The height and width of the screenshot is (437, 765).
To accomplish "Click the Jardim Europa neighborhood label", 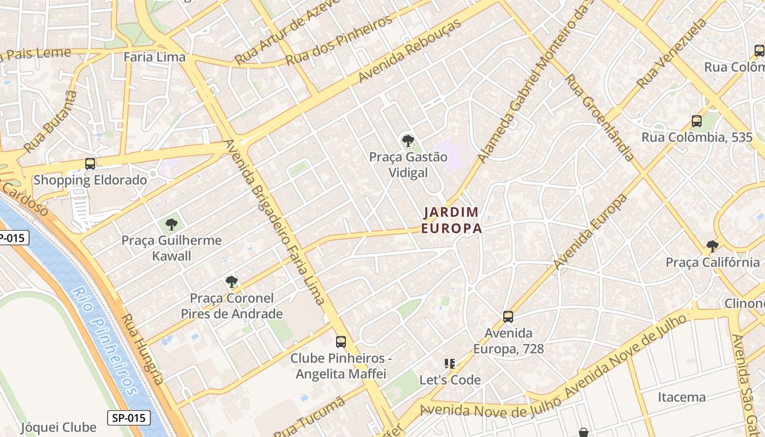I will click(451, 220).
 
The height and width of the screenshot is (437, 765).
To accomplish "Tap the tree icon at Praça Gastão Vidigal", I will click(408, 141).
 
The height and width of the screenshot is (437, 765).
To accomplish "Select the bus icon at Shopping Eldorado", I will click(90, 163).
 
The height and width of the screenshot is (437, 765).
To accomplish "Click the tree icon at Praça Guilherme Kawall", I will click(172, 224).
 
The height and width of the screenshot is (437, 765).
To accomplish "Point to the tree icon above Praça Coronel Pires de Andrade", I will click(232, 282).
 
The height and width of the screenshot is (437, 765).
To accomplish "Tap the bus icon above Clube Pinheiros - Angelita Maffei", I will click(341, 342).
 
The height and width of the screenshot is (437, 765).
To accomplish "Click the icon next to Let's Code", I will click(450, 363).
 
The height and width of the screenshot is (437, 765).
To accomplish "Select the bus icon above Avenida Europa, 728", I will click(508, 316).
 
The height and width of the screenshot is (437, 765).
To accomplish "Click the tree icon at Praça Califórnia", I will click(712, 246).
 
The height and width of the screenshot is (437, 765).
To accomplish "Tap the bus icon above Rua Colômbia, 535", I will click(697, 121).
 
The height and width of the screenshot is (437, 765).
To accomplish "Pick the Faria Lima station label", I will click(155, 57).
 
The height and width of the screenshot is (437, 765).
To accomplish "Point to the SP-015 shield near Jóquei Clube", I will click(129, 418).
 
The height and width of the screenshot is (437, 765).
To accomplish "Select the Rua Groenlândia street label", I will click(599, 118).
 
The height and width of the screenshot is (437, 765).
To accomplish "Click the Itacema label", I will click(681, 397).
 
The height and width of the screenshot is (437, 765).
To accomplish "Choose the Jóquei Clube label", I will click(58, 427).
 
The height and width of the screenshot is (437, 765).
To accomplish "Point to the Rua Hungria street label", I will click(142, 349).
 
